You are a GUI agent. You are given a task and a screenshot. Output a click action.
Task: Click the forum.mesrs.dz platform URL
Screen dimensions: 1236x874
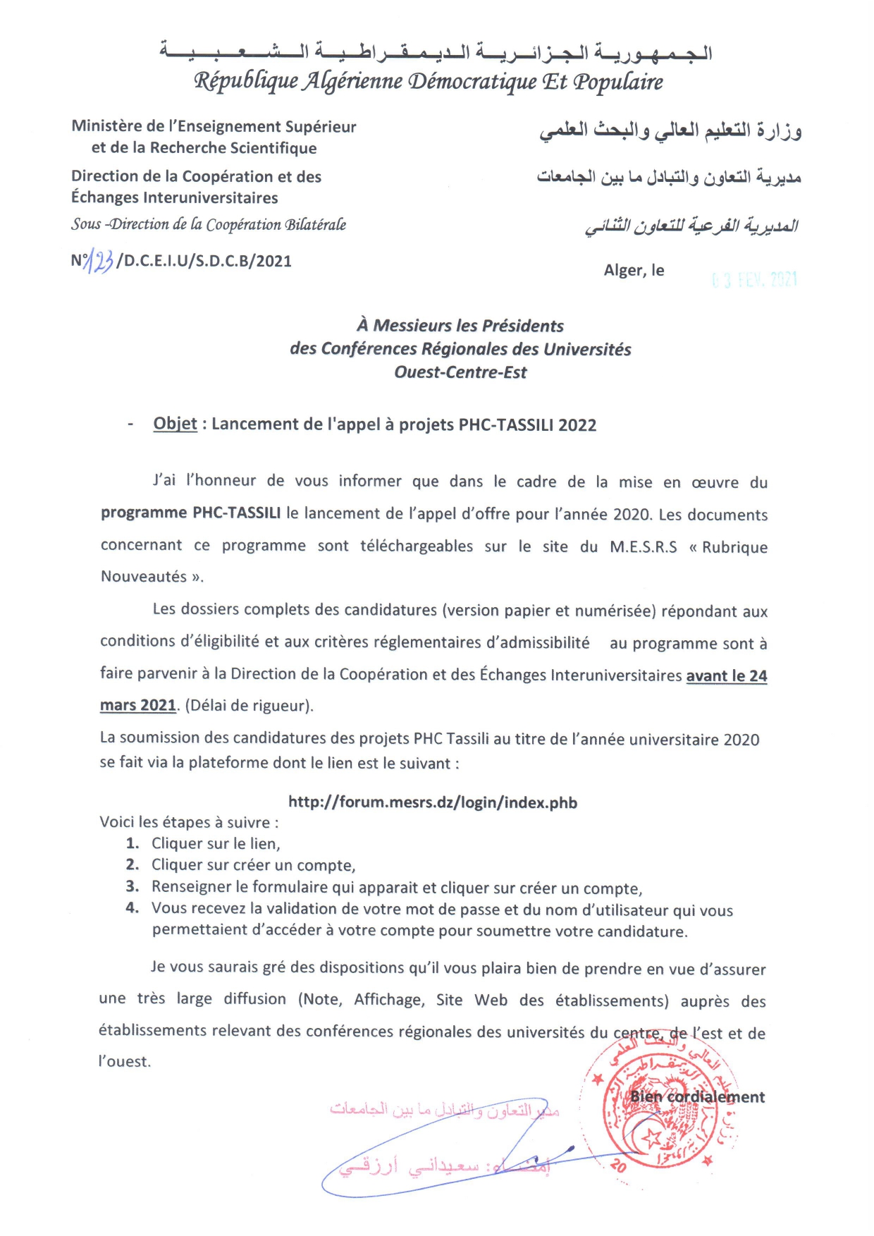tap(433, 802)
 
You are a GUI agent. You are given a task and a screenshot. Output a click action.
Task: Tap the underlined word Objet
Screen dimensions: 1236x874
tap(175, 424)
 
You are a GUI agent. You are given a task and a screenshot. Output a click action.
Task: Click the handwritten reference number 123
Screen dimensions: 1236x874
tap(99, 262)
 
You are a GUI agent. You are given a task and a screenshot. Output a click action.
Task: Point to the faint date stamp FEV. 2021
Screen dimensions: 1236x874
tap(755, 280)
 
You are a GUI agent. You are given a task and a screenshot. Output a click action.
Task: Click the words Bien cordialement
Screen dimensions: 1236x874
tap(697, 1096)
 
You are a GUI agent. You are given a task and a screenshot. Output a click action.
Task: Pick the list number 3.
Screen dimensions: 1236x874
tap(133, 886)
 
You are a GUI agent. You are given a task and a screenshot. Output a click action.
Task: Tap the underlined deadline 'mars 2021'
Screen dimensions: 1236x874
tap(138, 705)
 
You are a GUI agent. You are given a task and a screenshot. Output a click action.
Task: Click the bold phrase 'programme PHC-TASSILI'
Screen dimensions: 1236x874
tap(190, 513)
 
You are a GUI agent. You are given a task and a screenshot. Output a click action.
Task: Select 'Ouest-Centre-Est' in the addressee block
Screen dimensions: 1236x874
tap(460, 372)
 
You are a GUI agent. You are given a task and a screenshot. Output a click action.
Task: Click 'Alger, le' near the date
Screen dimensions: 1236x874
tap(634, 270)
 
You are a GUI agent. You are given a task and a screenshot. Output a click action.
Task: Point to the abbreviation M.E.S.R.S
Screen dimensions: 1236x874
tap(643, 546)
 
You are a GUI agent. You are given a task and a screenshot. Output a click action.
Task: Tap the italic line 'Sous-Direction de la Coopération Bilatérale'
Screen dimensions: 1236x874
tap(209, 224)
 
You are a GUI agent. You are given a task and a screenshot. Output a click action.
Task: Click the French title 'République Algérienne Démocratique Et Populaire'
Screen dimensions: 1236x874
tap(429, 82)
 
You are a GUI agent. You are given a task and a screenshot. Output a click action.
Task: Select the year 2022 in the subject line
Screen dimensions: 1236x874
tap(577, 425)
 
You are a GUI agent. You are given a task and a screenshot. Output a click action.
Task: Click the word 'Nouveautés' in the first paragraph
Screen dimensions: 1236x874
tap(144, 577)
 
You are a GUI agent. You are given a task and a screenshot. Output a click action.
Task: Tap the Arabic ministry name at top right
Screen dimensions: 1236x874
tap(670, 131)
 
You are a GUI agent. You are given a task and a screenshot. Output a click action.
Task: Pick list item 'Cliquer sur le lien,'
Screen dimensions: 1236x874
tap(216, 843)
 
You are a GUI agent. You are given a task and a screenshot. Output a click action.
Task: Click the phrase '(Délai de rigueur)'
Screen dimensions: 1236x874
tap(249, 705)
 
